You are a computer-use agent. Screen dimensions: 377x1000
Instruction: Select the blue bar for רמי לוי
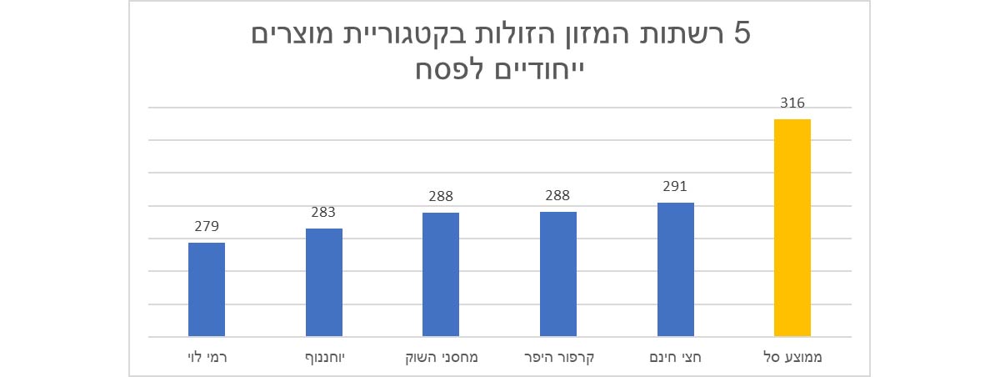[x=207, y=289]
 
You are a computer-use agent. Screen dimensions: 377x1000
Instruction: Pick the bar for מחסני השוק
[x=441, y=274]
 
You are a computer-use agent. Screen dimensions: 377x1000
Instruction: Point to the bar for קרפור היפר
[x=557, y=274]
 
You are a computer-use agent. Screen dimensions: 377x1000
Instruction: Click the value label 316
[x=792, y=104]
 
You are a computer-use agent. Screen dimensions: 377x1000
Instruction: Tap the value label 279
[x=207, y=227]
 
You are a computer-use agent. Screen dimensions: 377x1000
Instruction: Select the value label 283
[x=323, y=213]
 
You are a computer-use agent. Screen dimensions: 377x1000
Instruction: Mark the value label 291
[x=675, y=187]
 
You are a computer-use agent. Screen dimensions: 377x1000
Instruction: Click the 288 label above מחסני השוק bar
[x=441, y=197]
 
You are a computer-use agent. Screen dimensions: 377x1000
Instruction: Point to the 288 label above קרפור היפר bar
[x=557, y=197]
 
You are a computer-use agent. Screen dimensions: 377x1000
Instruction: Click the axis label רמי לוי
[x=207, y=359]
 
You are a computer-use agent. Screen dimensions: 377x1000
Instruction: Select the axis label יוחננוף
[x=324, y=359]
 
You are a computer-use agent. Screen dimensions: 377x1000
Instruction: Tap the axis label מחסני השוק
[x=441, y=359]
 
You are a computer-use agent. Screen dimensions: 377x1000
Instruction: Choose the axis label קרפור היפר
[x=557, y=359]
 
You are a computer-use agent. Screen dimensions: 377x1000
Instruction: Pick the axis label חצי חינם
[x=675, y=359]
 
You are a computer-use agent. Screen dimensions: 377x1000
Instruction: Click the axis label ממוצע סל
[x=792, y=359]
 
